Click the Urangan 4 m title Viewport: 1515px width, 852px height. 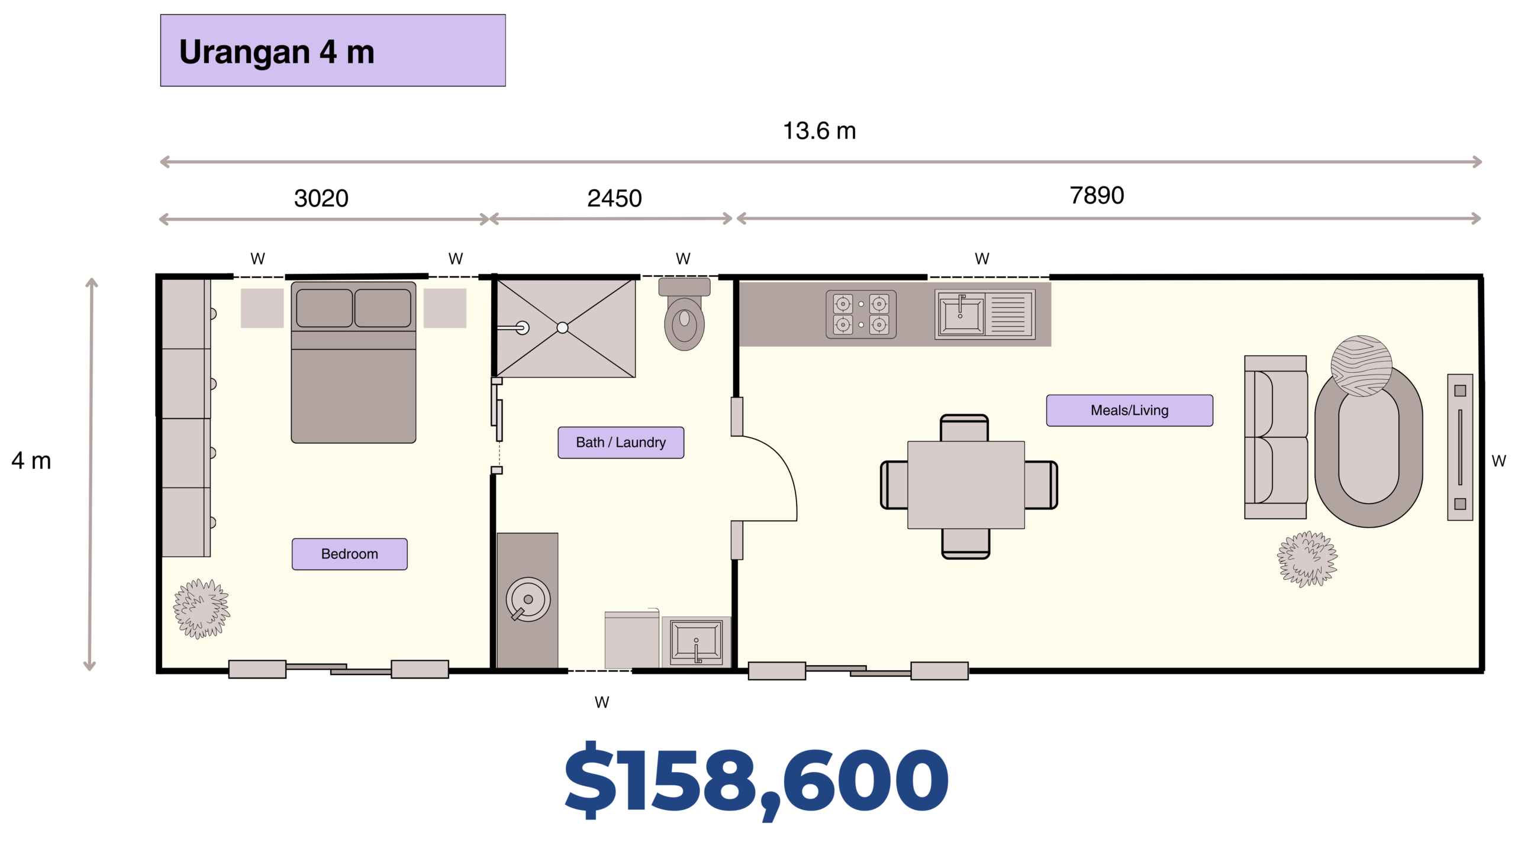(276, 52)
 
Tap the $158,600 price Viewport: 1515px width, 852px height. (757, 780)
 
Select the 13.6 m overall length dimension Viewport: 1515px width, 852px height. (820, 131)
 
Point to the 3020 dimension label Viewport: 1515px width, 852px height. (321, 198)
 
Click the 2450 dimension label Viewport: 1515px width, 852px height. (614, 198)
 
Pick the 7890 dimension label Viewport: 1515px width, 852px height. (1097, 195)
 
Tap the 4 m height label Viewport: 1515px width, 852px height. (31, 460)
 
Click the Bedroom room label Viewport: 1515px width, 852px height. (350, 554)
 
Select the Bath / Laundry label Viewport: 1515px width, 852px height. (621, 443)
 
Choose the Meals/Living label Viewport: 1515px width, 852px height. (1130, 410)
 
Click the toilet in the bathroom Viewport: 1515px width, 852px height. (685, 314)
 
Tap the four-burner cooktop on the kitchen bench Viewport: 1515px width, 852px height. (861, 314)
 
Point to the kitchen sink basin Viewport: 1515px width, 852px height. (960, 315)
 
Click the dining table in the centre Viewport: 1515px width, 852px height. (966, 485)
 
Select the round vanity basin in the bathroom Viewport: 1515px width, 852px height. (528, 599)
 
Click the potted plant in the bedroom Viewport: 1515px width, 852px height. (201, 609)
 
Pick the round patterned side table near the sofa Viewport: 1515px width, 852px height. (1361, 366)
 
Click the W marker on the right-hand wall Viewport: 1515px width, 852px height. (1498, 461)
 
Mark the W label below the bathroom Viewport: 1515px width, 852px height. (602, 702)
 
